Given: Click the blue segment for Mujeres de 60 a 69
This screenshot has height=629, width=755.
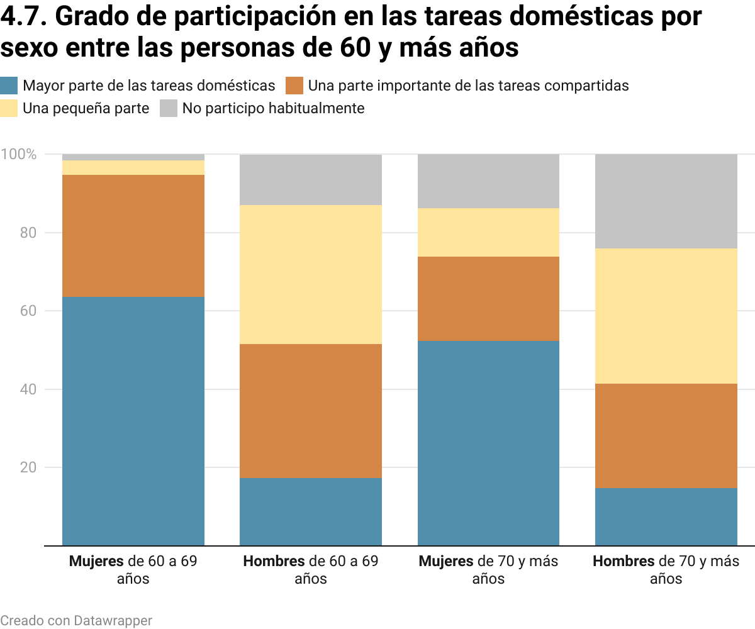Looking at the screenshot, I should coord(133,421).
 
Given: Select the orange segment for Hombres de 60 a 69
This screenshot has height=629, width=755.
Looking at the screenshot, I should coord(311,411).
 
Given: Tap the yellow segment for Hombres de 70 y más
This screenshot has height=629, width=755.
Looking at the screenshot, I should coord(666,316).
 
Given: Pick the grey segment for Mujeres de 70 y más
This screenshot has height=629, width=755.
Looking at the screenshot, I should coord(489,181).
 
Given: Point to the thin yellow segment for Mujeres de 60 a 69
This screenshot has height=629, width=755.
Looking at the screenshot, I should coord(133,167).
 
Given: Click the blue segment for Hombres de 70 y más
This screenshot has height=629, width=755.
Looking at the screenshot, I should coord(666,516).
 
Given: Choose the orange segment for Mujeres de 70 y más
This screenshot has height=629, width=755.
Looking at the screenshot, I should coord(489,298).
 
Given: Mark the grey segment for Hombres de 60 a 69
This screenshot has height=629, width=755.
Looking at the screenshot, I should coord(311,179).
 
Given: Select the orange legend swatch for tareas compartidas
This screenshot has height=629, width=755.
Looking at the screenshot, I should coord(294,86).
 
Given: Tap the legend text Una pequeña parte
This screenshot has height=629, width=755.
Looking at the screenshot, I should coord(86,108).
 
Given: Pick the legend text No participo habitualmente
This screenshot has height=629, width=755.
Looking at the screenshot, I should coord(273,108).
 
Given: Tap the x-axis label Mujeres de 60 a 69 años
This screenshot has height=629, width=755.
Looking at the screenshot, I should coord(133,569).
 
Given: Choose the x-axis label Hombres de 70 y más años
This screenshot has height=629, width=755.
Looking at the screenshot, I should coord(666,569).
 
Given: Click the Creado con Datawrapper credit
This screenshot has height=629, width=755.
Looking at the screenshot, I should coord(76,620).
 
